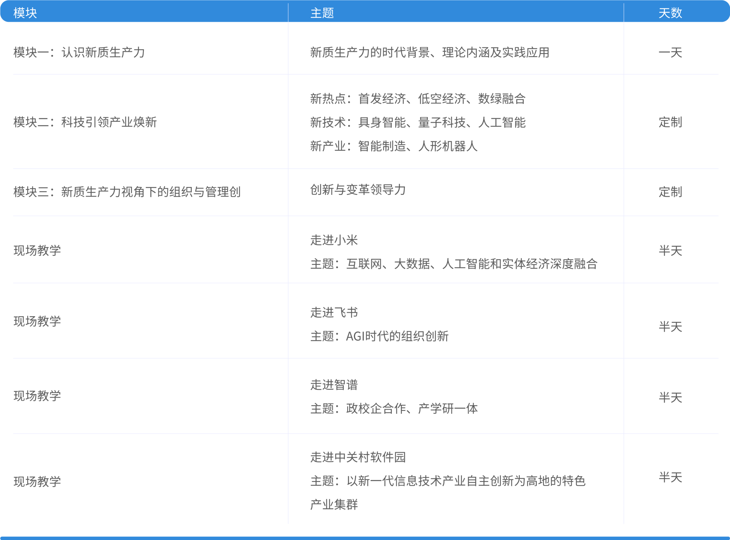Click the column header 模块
25,13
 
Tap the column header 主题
322,13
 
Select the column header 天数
670,13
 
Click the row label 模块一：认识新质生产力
79,52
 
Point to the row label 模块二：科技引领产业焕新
85,122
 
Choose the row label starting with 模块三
127,192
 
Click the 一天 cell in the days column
670,53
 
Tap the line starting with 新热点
418,99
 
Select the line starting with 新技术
418,122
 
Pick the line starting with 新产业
394,146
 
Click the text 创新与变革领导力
358,190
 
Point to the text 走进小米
334,240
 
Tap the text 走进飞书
334,313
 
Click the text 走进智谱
334,385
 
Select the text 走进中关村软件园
358,457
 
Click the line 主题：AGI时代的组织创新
379,336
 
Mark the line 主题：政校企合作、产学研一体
394,409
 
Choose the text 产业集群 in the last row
334,504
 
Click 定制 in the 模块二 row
670,122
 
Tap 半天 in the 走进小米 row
670,251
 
